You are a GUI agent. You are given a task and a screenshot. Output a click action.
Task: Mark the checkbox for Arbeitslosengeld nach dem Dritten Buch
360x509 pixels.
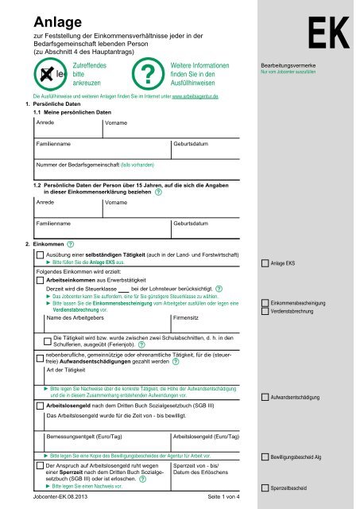[x=40, y=406]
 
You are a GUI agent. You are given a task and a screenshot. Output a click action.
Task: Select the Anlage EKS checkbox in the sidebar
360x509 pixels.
[x=265, y=263]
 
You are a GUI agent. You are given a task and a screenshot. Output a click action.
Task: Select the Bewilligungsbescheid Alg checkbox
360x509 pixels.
[x=265, y=458]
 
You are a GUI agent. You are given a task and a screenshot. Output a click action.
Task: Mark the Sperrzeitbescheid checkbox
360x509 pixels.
[x=265, y=487]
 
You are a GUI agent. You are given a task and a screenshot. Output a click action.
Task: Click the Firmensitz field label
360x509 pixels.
[x=187, y=318]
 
